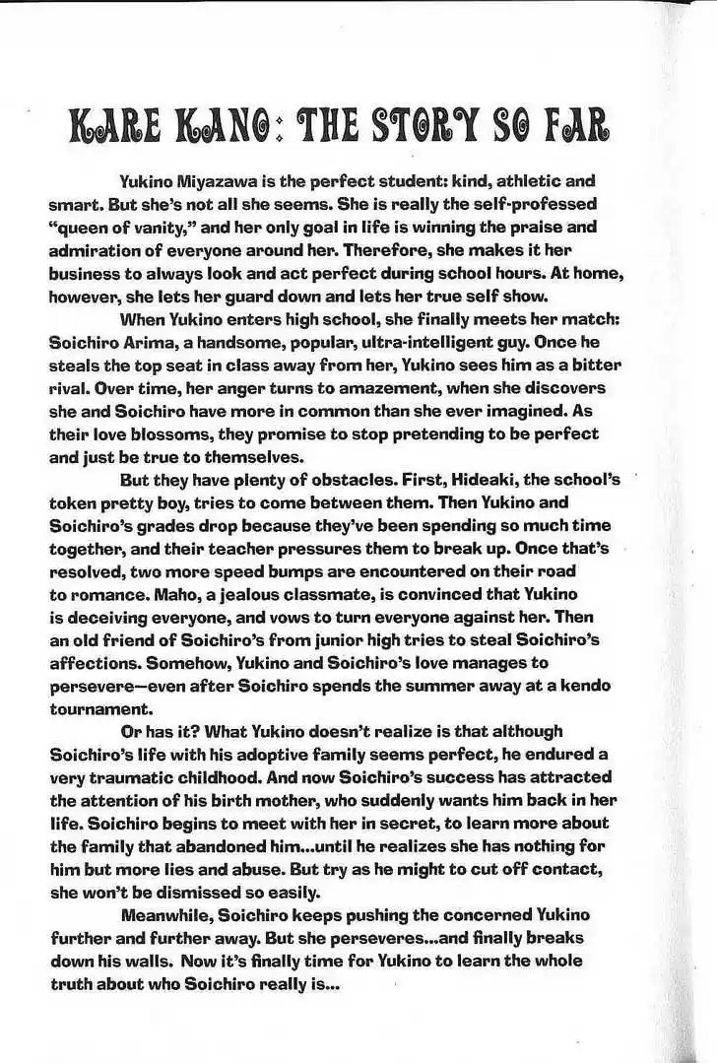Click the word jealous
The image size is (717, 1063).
point(230,594)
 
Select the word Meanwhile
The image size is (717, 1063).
point(168,915)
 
